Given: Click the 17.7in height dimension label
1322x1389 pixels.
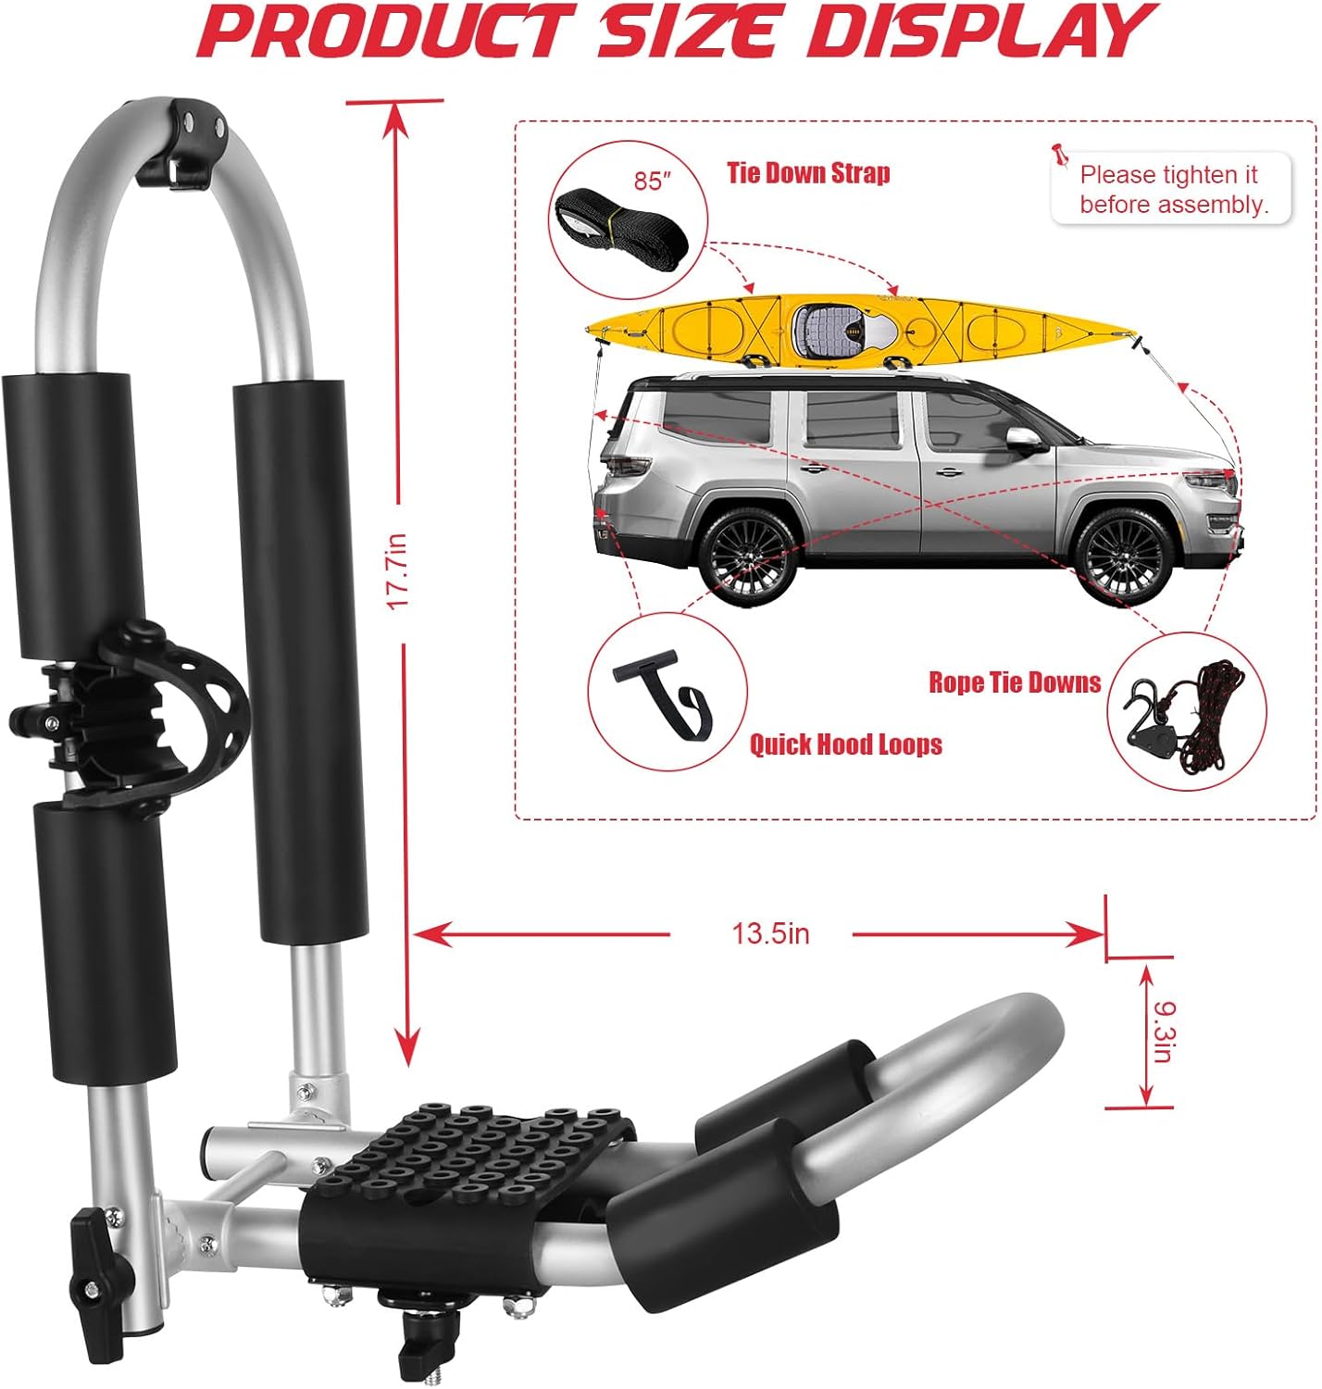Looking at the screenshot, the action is click(398, 570).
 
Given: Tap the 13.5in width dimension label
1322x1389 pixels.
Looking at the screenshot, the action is click(770, 933).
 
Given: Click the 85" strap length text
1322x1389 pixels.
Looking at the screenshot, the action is click(652, 181).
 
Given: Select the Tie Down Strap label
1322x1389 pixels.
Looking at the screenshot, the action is click(808, 173).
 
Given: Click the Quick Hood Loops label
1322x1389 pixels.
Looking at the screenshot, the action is click(846, 744).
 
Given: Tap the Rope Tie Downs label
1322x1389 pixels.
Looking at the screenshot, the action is click(1015, 682).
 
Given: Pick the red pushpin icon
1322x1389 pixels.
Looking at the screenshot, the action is click(1060, 155).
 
